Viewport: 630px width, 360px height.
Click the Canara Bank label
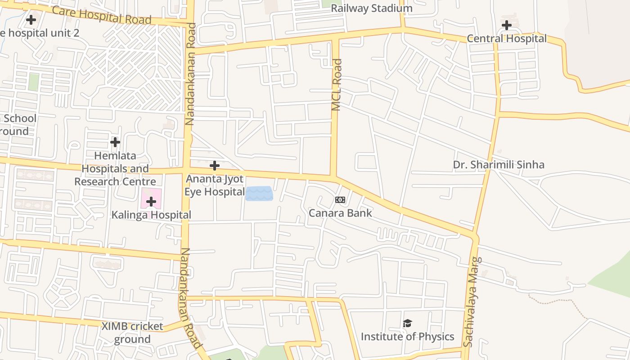pos(340,213)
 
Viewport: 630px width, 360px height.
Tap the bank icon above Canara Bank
pos(340,200)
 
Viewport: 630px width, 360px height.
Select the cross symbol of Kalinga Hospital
pos(151,202)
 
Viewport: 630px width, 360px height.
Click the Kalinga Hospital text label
pos(151,215)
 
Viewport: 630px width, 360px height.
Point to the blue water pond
pos(259,193)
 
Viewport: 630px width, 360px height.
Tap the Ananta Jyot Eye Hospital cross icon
pos(215,166)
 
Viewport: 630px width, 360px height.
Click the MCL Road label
pos(337,85)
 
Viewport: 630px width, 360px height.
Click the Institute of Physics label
pos(407,337)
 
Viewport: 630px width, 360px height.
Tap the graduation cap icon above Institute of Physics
pos(407,323)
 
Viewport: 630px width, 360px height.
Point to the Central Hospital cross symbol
pos(507,25)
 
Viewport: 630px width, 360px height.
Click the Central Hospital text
pos(507,39)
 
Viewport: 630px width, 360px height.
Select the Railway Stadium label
pos(372,8)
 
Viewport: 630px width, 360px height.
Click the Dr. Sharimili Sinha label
pos(499,165)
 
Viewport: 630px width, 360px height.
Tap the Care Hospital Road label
pos(102,15)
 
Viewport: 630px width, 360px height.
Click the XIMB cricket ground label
pos(132,333)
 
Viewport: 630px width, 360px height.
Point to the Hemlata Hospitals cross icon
pos(115,142)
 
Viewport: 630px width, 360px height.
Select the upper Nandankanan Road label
pos(190,74)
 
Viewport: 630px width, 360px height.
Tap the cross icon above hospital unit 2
pos(31,20)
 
